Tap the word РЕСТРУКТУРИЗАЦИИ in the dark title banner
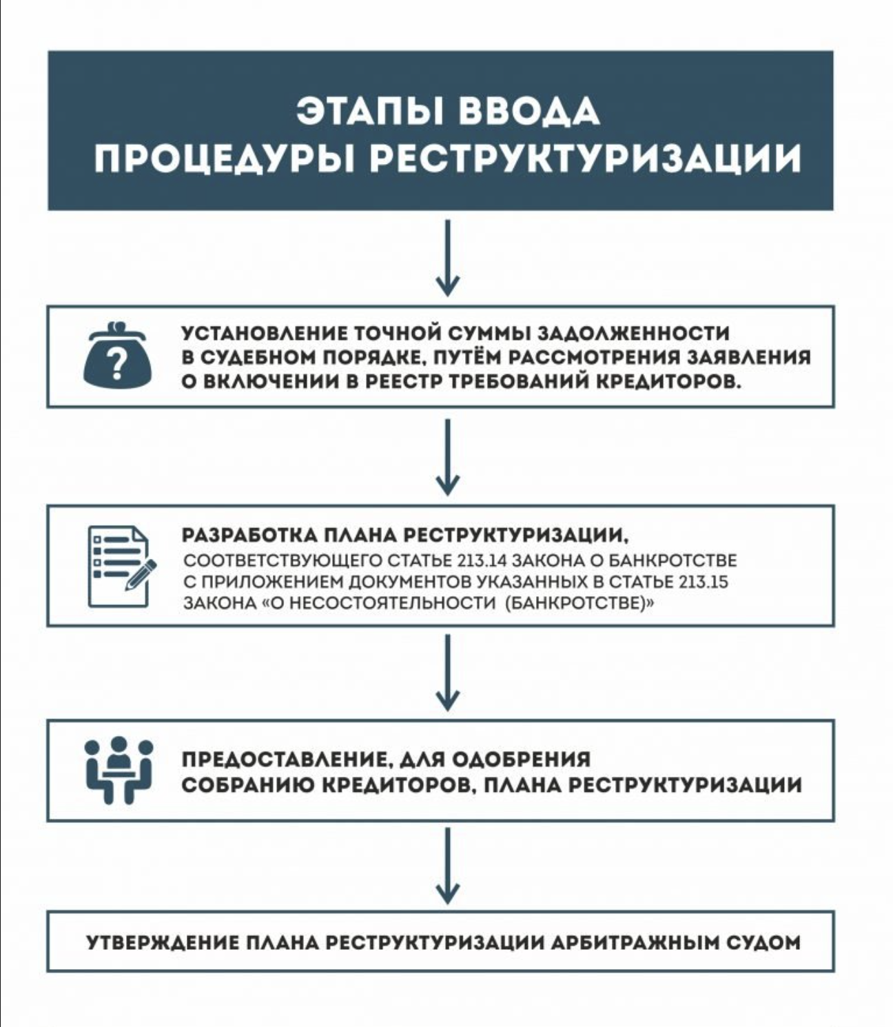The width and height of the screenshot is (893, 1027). (x=586, y=159)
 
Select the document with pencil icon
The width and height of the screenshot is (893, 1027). (x=119, y=567)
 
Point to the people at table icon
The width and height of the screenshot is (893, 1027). (x=119, y=770)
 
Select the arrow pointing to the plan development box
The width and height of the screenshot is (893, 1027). (x=448, y=457)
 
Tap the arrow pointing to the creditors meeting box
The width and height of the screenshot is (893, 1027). (x=448, y=673)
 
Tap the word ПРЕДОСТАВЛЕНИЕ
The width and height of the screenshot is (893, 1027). (x=283, y=760)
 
